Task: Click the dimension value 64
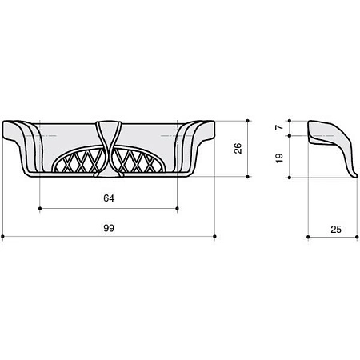tap(109, 198)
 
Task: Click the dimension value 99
tap(109, 228)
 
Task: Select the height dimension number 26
tap(238, 148)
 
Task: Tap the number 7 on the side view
tap(279, 127)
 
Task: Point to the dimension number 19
tap(279, 158)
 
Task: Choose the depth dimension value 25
tap(336, 230)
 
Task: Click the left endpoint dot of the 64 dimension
tap(40, 208)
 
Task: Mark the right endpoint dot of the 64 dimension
tap(178, 208)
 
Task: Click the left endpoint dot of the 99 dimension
tap(2, 236)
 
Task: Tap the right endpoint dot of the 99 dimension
tap(215, 236)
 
